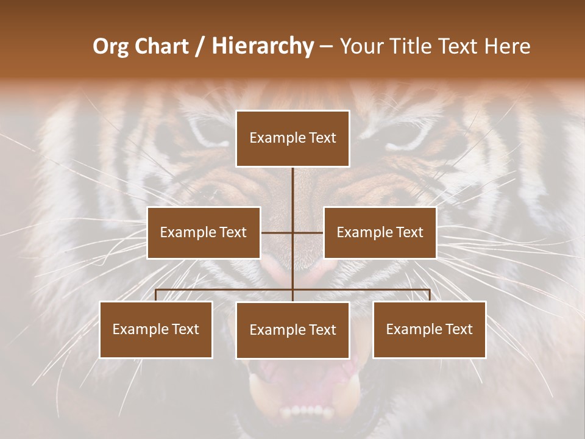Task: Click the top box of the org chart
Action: [x=292, y=138]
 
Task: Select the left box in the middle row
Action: [x=204, y=232]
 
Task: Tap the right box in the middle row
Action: [x=380, y=232]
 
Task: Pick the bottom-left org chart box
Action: [x=156, y=329]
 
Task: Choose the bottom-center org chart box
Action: [x=292, y=330]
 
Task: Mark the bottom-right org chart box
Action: [x=429, y=329]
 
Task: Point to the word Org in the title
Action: [x=111, y=46]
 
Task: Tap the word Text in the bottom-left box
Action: [x=185, y=329]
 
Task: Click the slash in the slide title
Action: [x=200, y=46]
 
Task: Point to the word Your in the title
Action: [x=360, y=46]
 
